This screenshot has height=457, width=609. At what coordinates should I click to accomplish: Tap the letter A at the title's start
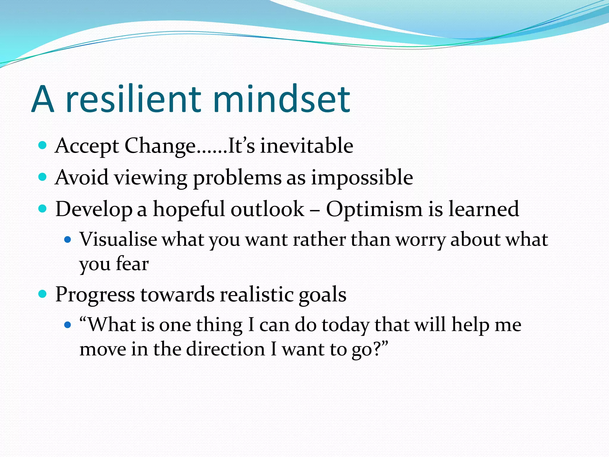43,99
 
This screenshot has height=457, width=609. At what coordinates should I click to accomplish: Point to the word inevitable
307,146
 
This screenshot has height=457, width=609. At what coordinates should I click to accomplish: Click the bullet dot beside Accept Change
43,145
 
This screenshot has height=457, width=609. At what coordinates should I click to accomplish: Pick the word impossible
362,178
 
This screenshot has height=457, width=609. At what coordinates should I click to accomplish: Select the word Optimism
374,209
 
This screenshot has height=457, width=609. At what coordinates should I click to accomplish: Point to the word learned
484,209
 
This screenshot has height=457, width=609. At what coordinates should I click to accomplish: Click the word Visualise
118,239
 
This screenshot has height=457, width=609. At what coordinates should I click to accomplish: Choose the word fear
132,264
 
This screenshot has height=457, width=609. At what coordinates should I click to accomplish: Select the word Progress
95,295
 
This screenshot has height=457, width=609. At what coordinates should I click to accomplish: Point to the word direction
225,349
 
